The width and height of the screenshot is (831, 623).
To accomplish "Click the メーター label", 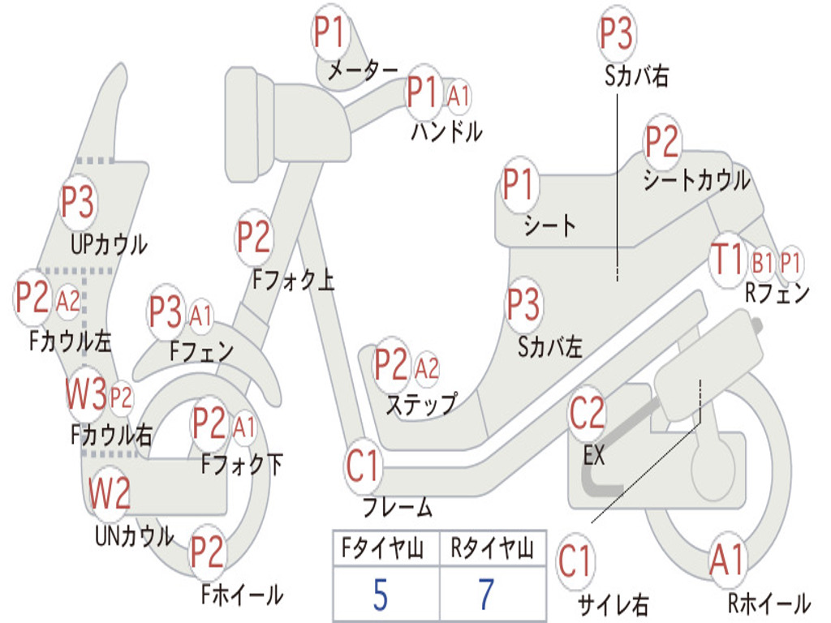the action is tap(363, 70).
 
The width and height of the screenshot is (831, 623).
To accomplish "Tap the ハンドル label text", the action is tap(447, 131).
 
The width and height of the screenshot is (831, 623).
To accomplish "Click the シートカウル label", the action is tap(696, 180).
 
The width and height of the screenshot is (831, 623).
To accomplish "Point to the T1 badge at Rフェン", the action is tap(729, 260).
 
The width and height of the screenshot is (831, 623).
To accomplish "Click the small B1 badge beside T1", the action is tap(761, 263).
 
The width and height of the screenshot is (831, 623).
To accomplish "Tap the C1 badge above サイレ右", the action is tap(575, 561).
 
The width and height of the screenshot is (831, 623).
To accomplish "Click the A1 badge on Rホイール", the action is tap(728, 561).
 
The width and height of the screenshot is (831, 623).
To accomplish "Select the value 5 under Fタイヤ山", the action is tap(381, 595).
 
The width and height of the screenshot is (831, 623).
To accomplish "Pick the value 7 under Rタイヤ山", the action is tap(487, 595).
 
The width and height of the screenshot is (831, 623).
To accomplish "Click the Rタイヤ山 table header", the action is tap(493, 548).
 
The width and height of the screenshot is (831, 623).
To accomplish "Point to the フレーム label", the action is tap(398, 508).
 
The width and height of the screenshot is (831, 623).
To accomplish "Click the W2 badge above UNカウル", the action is tap(110, 492).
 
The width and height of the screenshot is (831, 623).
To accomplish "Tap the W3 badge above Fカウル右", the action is tap(86, 394).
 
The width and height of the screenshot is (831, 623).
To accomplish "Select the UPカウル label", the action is tap(110, 245).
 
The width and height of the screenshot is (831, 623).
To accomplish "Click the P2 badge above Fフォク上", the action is tap(254, 238).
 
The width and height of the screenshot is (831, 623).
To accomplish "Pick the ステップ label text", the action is tap(421, 405).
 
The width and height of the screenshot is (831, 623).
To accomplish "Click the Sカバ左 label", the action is tap(550, 347).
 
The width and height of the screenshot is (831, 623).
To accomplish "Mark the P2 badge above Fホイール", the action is tap(207, 552).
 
